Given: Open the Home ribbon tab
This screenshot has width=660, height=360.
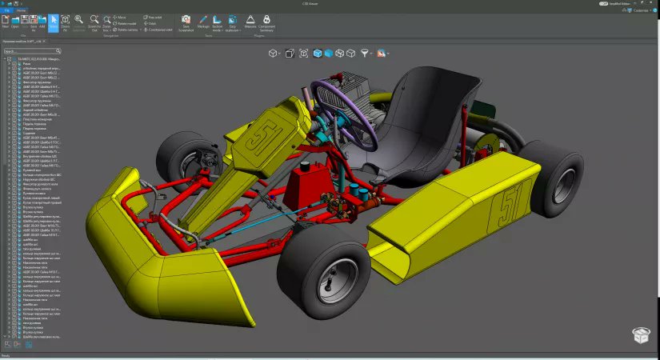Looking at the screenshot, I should point(21,10).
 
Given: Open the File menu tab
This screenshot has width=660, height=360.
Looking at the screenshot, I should point(6,10).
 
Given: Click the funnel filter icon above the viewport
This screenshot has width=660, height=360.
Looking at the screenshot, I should point(365,53).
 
